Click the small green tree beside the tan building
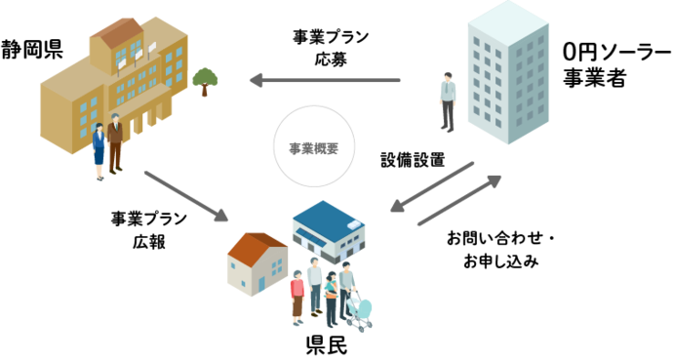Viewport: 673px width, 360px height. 205,79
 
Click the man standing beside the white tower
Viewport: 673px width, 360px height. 448,100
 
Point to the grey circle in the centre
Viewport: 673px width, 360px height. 313,146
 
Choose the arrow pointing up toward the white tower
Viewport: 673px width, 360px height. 460,201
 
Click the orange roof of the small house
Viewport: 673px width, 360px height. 257,245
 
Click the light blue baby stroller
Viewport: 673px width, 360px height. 359,310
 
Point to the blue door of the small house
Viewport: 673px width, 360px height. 260,284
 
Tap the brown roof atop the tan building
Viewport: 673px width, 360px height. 115,32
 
